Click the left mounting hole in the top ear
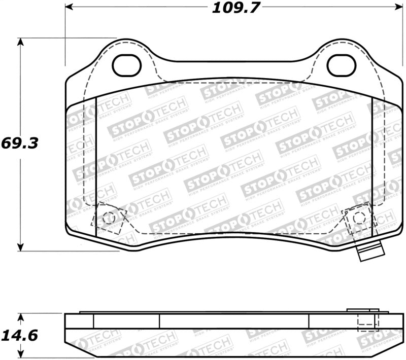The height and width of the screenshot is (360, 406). coord(126,65)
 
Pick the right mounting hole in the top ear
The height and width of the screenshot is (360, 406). coord(341,65)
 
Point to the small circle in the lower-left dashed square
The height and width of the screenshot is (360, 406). coord(108,218)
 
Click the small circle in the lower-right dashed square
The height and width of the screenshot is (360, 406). coord(359,218)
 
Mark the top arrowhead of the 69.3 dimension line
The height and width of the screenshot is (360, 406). coord(20,42)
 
